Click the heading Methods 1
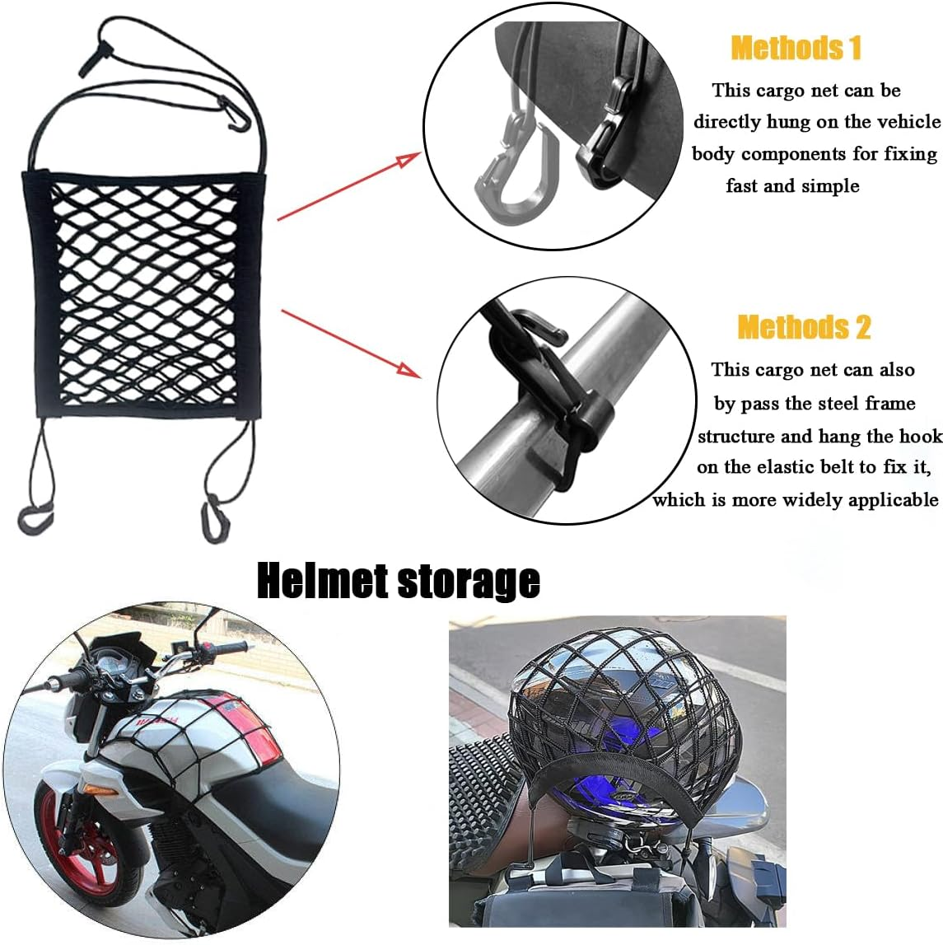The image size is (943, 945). coord(796,48)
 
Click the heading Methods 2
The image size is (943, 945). coord(804,327)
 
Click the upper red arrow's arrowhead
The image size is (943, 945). coord(408,159)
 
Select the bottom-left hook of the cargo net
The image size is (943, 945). coord(34,518)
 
